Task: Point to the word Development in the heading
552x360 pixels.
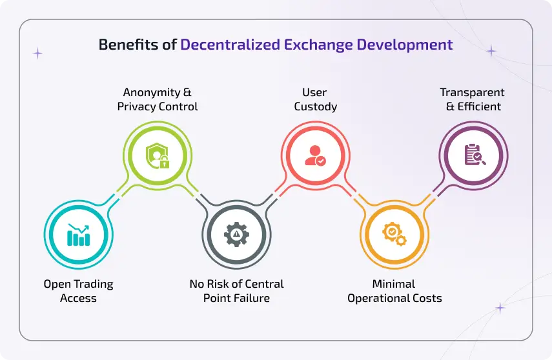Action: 403,45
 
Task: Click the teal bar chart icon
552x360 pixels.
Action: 78,234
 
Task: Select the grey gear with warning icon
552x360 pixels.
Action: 236,234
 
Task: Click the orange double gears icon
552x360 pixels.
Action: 394,234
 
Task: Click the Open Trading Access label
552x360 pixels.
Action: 78,291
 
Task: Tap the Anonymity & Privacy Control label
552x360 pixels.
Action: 158,100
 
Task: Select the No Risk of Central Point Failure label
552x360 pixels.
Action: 236,291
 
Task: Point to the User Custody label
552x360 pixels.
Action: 316,100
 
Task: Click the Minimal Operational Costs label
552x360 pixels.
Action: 394,291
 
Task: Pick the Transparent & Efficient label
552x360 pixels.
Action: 473,100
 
